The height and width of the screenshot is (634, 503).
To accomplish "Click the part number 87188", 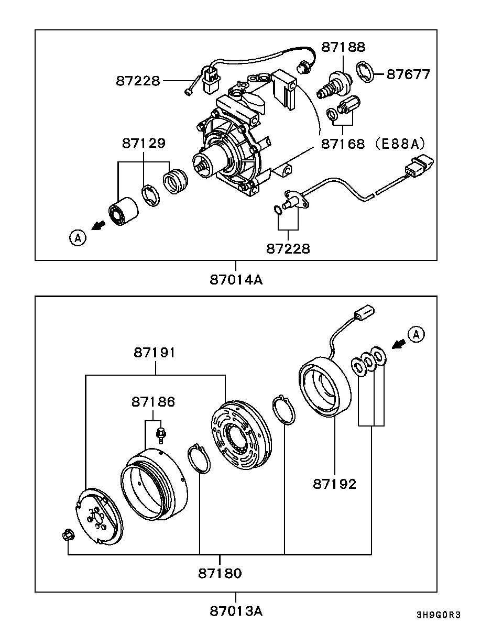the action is [343, 47].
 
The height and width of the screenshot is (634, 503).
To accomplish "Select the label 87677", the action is [408, 74].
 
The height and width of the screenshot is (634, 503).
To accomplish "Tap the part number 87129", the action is [144, 144].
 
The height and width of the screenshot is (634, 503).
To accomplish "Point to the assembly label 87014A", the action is [236, 280].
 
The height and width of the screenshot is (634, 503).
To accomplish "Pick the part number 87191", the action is [155, 352].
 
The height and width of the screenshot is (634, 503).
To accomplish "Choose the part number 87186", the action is [153, 401].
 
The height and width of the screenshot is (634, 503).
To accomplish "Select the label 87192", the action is [334, 484].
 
